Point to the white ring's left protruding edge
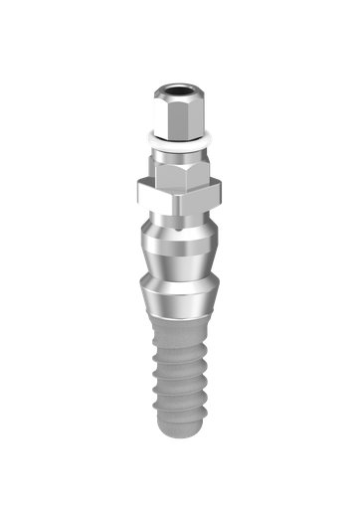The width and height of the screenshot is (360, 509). point(146,136)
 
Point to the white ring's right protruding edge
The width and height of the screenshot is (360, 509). point(211,136)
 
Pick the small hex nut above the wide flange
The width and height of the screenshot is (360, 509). point(179,173)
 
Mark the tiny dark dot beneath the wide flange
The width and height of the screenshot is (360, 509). point(179,222)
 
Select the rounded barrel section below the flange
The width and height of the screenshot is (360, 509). point(179,245)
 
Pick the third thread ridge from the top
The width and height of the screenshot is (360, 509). point(179,392)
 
